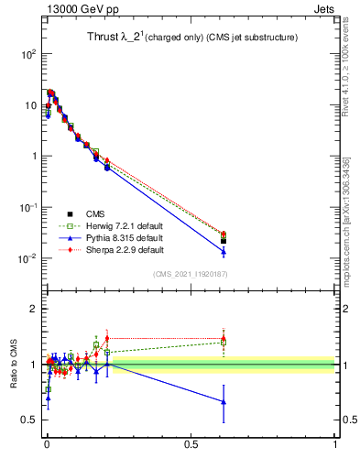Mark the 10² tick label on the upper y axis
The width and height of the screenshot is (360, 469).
pos(28,54)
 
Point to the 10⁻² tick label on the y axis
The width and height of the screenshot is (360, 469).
pos(27,258)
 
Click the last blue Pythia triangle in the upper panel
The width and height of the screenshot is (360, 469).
pos(224,251)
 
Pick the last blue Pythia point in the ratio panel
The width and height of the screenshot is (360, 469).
pos(224,401)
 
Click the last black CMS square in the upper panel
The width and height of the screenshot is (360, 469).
pos(224,241)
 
